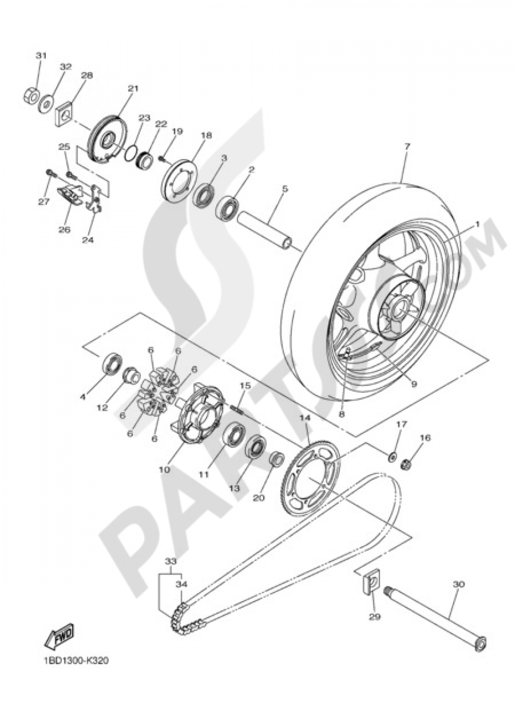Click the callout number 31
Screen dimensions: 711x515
(x=41, y=55)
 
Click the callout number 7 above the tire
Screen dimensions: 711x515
(x=407, y=146)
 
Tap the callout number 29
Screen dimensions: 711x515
(x=374, y=617)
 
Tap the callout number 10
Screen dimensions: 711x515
(x=164, y=470)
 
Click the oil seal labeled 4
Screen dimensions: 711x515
(x=110, y=363)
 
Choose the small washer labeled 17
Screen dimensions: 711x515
(x=392, y=455)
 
